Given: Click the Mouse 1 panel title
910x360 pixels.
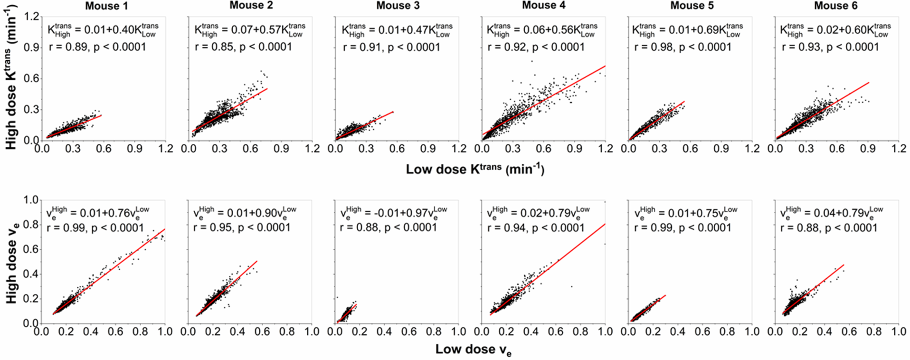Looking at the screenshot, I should [106, 6].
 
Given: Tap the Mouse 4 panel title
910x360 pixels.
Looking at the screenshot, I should [543, 5].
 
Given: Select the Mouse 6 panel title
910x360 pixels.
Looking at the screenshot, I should [835, 6].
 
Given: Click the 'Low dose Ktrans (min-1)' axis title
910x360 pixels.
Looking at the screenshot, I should [474, 169].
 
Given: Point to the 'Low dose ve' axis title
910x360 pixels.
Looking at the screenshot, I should [473, 350].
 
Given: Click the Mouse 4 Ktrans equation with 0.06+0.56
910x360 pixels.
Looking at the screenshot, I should [542, 30].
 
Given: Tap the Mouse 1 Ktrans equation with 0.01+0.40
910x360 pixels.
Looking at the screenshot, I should [103, 30].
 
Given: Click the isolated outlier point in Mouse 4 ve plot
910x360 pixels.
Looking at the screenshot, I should [571, 286].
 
